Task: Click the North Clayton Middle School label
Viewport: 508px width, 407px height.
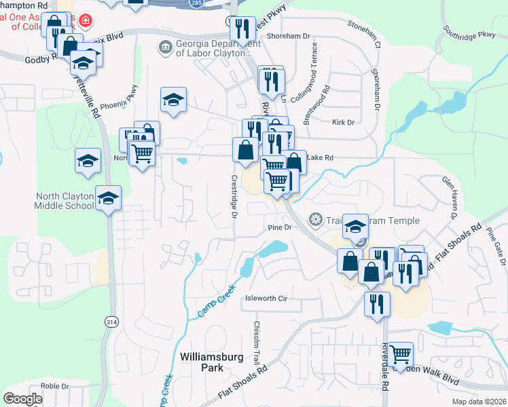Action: [65, 201]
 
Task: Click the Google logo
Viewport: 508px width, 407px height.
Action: [22, 399]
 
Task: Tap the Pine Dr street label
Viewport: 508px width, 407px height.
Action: [279, 228]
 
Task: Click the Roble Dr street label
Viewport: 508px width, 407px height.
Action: [52, 386]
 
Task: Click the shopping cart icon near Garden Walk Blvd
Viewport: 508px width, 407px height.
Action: [400, 353]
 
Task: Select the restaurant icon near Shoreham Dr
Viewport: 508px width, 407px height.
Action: [242, 28]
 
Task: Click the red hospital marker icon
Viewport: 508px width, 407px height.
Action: [85, 20]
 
